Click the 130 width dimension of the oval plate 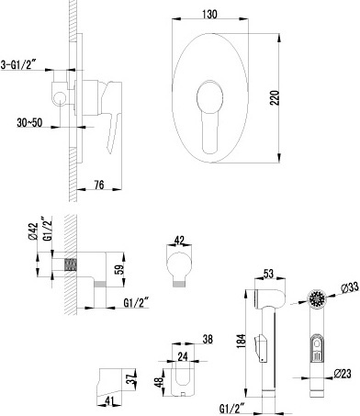pyautogui.click(x=209, y=15)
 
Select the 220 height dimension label pyautogui.click(x=275, y=97)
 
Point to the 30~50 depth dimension pyautogui.click(x=29, y=123)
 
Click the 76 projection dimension pyautogui.click(x=98, y=185)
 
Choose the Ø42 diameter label pyautogui.click(x=33, y=231)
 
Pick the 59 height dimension pyautogui.click(x=120, y=269)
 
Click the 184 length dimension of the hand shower pyautogui.click(x=242, y=341)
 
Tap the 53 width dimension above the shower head pyautogui.click(x=268, y=274)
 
